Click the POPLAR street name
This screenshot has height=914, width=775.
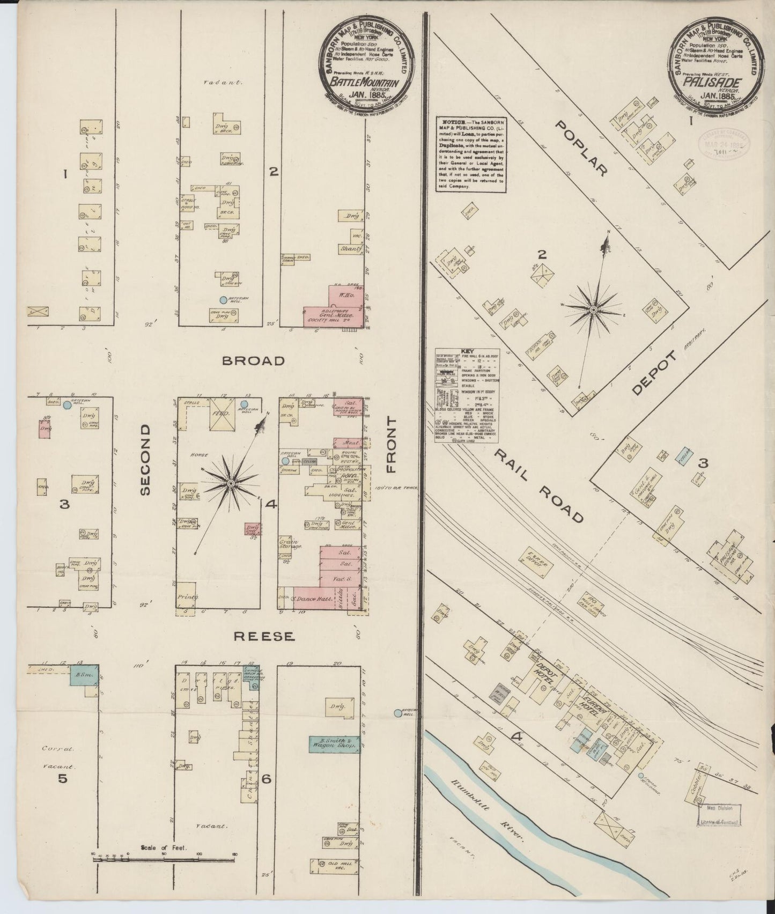point(581,149)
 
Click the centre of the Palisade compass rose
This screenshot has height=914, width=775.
point(594,309)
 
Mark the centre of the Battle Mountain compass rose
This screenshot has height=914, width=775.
point(230,484)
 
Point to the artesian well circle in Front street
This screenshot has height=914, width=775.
point(397,713)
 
